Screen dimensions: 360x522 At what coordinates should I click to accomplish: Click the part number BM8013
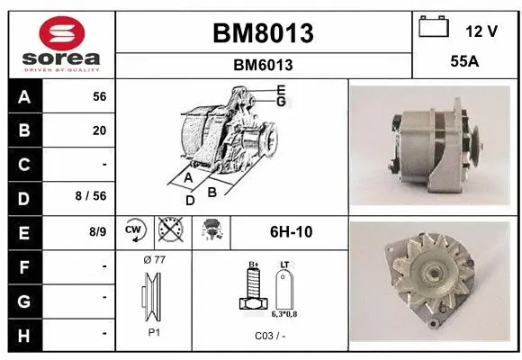point(263,33)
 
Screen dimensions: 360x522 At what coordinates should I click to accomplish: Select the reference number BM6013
point(263,65)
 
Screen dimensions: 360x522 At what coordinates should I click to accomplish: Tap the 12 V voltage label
point(481,31)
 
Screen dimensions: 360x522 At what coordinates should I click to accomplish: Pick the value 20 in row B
point(99,130)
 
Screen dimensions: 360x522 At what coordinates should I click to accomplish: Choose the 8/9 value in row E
point(98,231)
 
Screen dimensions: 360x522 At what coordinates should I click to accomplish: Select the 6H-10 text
point(291,232)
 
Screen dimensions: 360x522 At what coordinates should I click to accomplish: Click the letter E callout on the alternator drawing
point(281,89)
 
